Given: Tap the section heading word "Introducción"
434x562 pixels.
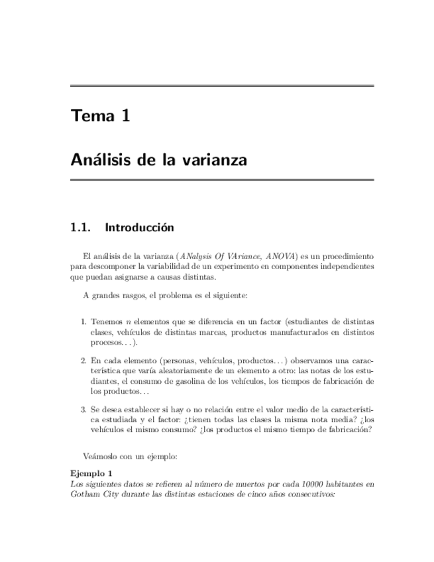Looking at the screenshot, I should [139, 228].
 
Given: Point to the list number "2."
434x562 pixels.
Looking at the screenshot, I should [84, 361].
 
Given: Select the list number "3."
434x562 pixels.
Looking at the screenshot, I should [84, 410].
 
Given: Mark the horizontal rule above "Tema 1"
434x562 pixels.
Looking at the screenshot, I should [222, 86].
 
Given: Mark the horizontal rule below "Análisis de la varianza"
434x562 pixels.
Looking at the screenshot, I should [222, 180].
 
